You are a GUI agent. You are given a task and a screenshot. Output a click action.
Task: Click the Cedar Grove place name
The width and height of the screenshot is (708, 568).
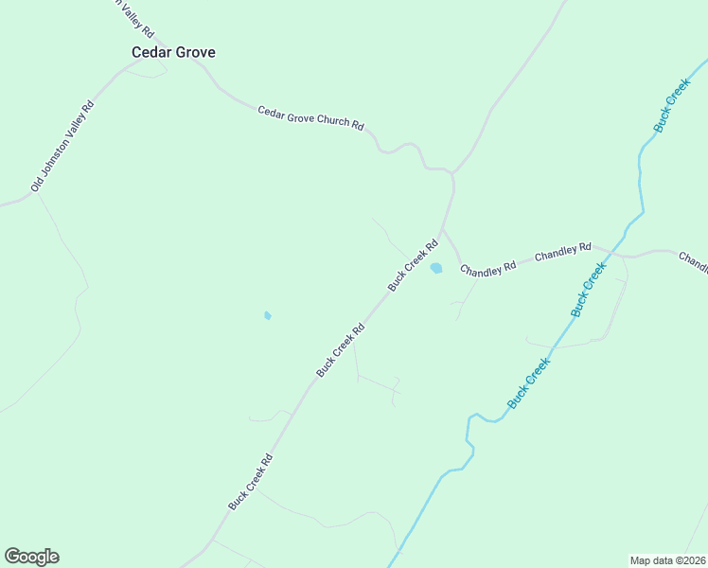(172, 52)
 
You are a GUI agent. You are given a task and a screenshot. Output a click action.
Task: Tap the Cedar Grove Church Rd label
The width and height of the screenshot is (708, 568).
(310, 117)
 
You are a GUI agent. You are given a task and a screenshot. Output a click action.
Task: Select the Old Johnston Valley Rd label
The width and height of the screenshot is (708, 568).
(63, 147)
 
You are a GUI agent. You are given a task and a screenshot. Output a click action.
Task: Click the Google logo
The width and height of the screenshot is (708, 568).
(31, 557)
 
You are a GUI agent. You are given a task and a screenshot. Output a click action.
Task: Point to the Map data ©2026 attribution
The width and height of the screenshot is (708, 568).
(668, 559)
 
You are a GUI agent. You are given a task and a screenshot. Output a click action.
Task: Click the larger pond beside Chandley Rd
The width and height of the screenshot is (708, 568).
(436, 268)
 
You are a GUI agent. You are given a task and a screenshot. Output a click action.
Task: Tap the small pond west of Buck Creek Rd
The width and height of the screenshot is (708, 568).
(268, 315)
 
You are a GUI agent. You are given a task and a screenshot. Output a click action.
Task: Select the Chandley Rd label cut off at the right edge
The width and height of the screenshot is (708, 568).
(693, 261)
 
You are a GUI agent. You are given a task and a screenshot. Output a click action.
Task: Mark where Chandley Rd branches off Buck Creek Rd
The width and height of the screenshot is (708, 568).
(443, 228)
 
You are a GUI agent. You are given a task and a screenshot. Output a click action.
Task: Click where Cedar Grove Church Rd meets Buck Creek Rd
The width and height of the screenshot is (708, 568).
(453, 174)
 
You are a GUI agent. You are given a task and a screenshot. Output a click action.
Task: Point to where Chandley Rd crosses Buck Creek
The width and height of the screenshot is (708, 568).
(615, 253)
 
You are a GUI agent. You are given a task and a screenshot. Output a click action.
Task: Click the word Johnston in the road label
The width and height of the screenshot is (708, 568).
(64, 145)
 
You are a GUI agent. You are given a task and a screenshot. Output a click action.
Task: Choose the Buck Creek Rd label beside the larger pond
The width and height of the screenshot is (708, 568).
(413, 264)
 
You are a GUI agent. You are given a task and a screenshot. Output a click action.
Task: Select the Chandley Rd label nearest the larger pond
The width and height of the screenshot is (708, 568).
(488, 268)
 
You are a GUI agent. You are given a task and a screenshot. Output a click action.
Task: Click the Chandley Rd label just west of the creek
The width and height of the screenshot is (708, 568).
(562, 253)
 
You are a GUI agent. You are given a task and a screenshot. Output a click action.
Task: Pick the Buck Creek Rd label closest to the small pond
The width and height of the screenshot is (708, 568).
(341, 350)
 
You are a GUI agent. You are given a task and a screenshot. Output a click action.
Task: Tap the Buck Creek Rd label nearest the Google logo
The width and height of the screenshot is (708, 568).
(251, 482)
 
